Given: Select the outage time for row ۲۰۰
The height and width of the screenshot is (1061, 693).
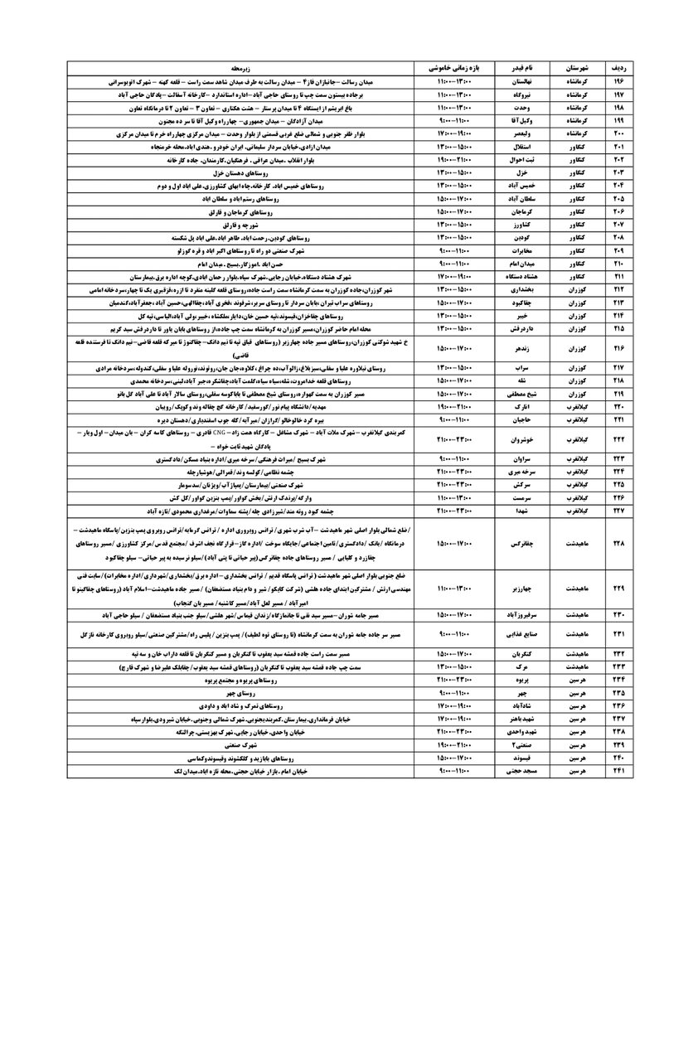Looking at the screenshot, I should coord(453,133).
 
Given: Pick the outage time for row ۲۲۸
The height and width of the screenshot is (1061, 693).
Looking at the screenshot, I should coord(453,544).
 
